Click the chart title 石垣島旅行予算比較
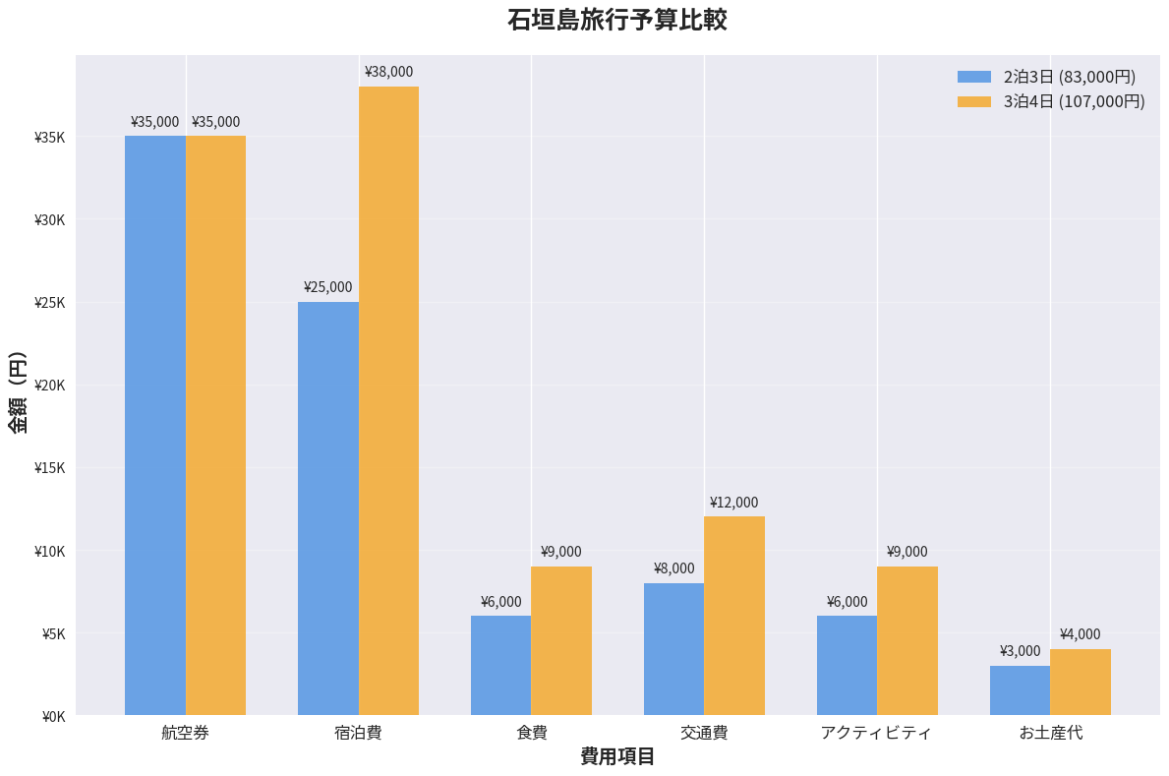pyautogui.click(x=616, y=21)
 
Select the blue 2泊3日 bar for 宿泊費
pyautogui.click(x=328, y=508)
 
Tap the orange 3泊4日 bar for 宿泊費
pyautogui.click(x=388, y=401)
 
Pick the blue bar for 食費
pyautogui.click(x=500, y=666)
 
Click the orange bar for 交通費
pyautogui.click(x=734, y=616)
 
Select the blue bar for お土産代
pyautogui.click(x=1020, y=690)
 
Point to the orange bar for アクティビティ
pyautogui.click(x=907, y=641)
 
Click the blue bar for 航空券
pyautogui.click(x=155, y=426)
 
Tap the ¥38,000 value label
pyautogui.click(x=388, y=72)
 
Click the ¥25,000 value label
pyautogui.click(x=327, y=287)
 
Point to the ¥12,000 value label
pyautogui.click(x=733, y=503)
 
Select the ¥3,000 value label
pyautogui.click(x=1020, y=651)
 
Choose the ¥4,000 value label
pyautogui.click(x=1080, y=634)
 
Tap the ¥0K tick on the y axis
pyautogui.click(x=53, y=717)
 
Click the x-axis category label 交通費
pyautogui.click(x=704, y=733)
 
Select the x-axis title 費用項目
pyautogui.click(x=617, y=756)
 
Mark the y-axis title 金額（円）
pyautogui.click(x=18, y=391)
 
